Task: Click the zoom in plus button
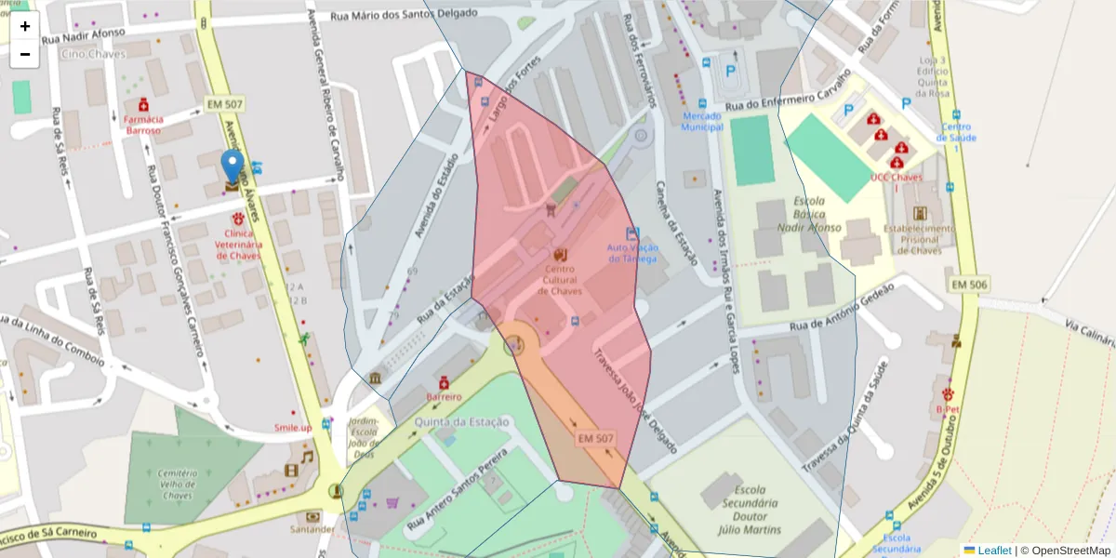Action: click(x=25, y=26)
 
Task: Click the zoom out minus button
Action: click(x=25, y=54)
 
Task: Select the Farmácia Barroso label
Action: click(x=144, y=125)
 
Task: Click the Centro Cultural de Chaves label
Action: click(x=560, y=280)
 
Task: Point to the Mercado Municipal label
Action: click(x=701, y=121)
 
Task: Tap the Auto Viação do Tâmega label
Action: click(x=632, y=253)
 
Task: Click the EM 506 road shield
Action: click(x=968, y=284)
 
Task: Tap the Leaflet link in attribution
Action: click(x=993, y=551)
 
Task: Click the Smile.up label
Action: click(x=293, y=428)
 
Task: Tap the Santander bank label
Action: click(x=312, y=529)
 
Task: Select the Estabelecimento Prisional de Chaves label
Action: click(x=919, y=239)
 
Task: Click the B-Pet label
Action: click(x=948, y=408)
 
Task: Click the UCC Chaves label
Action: click(x=897, y=177)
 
